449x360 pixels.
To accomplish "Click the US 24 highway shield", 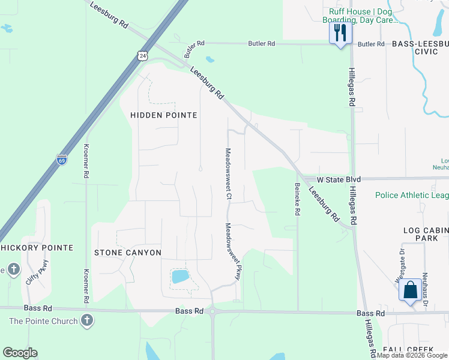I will click(x=142, y=56).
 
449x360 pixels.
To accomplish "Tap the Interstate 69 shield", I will click(x=62, y=160).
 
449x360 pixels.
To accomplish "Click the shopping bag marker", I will click(x=410, y=290).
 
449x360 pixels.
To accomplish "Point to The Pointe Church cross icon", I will click(x=87, y=320).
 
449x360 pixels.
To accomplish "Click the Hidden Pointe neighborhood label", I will click(x=163, y=115).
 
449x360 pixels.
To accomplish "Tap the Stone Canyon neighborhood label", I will click(x=128, y=253).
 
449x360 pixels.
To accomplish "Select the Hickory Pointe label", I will click(x=37, y=248).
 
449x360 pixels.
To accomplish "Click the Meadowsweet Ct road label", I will click(x=228, y=173).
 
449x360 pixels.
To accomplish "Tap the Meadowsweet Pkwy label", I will click(x=234, y=251).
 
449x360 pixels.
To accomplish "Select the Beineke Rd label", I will click(x=297, y=199).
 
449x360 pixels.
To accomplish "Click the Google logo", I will click(x=20, y=353).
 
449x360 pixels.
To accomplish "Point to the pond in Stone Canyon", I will click(x=180, y=277).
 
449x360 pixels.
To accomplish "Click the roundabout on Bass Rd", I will click(x=212, y=311).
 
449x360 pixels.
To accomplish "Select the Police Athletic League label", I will click(x=412, y=195).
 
